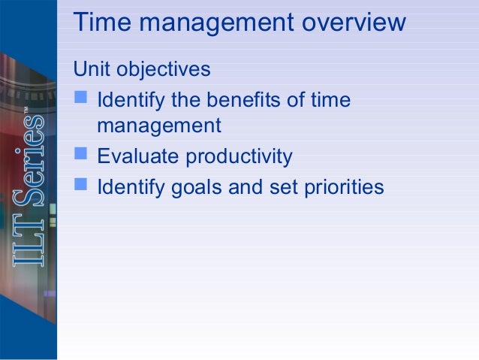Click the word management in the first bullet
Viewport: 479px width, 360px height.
[159, 126]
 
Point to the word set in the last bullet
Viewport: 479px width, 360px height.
[282, 186]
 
